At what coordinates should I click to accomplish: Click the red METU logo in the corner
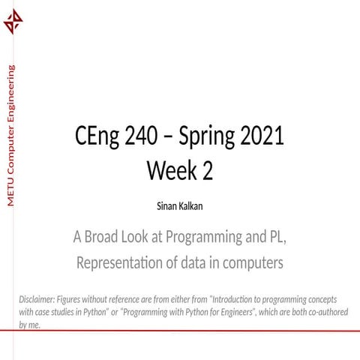tap(13, 22)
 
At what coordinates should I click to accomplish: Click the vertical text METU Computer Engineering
tap(10, 136)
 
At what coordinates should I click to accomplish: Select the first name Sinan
tap(166, 205)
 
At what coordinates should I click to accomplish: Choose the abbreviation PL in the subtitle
tap(277, 238)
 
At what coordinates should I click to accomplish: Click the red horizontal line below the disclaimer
tap(180, 331)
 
